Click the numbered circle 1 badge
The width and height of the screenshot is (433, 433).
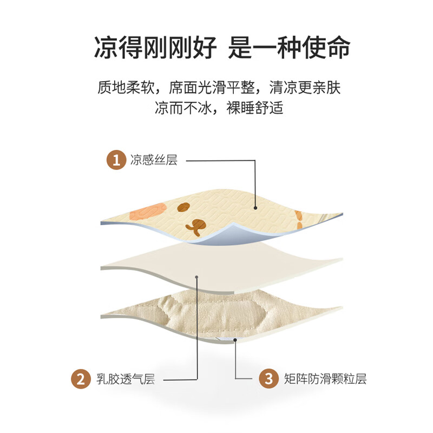click(x=115, y=161)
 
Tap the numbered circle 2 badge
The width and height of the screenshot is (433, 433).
click(x=80, y=379)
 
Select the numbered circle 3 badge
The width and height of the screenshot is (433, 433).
click(x=268, y=379)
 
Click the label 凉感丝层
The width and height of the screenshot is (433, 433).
click(x=154, y=161)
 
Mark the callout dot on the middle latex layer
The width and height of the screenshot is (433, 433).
click(x=197, y=278)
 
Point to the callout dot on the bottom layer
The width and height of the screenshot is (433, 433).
click(x=235, y=339)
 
